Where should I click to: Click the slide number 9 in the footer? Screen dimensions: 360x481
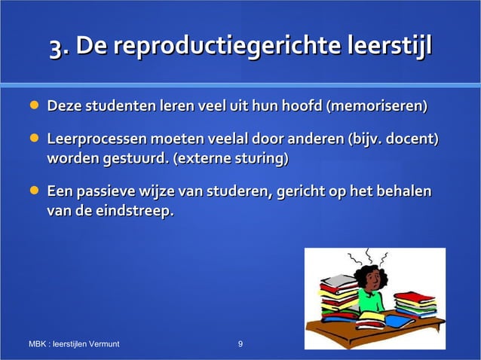click(240, 345)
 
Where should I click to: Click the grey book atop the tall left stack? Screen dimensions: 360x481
click(339, 279)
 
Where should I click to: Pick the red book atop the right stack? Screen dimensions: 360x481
click(414, 295)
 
